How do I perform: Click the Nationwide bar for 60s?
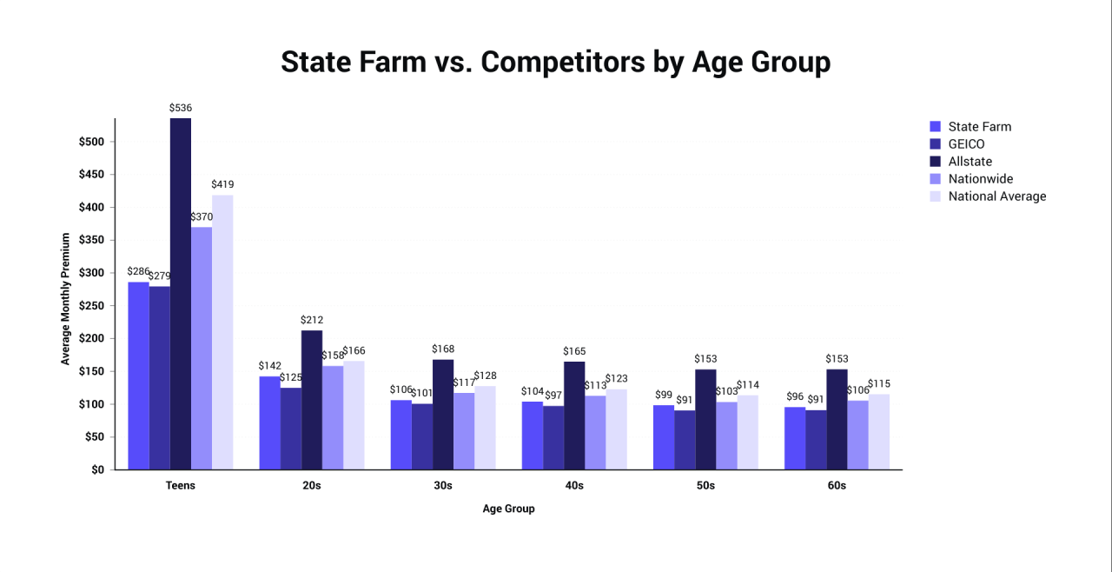857,435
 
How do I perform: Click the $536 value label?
181,108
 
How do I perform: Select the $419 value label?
222,184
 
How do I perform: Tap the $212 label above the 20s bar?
312,320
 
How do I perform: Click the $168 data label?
443,349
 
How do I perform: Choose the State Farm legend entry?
979,127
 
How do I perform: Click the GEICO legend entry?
966,144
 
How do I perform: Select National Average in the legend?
996,196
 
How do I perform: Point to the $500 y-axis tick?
91,142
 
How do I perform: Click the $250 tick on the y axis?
91,306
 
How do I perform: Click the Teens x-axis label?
181,486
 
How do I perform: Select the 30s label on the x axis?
443,486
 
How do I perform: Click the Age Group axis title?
508,509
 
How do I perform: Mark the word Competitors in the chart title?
561,63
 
